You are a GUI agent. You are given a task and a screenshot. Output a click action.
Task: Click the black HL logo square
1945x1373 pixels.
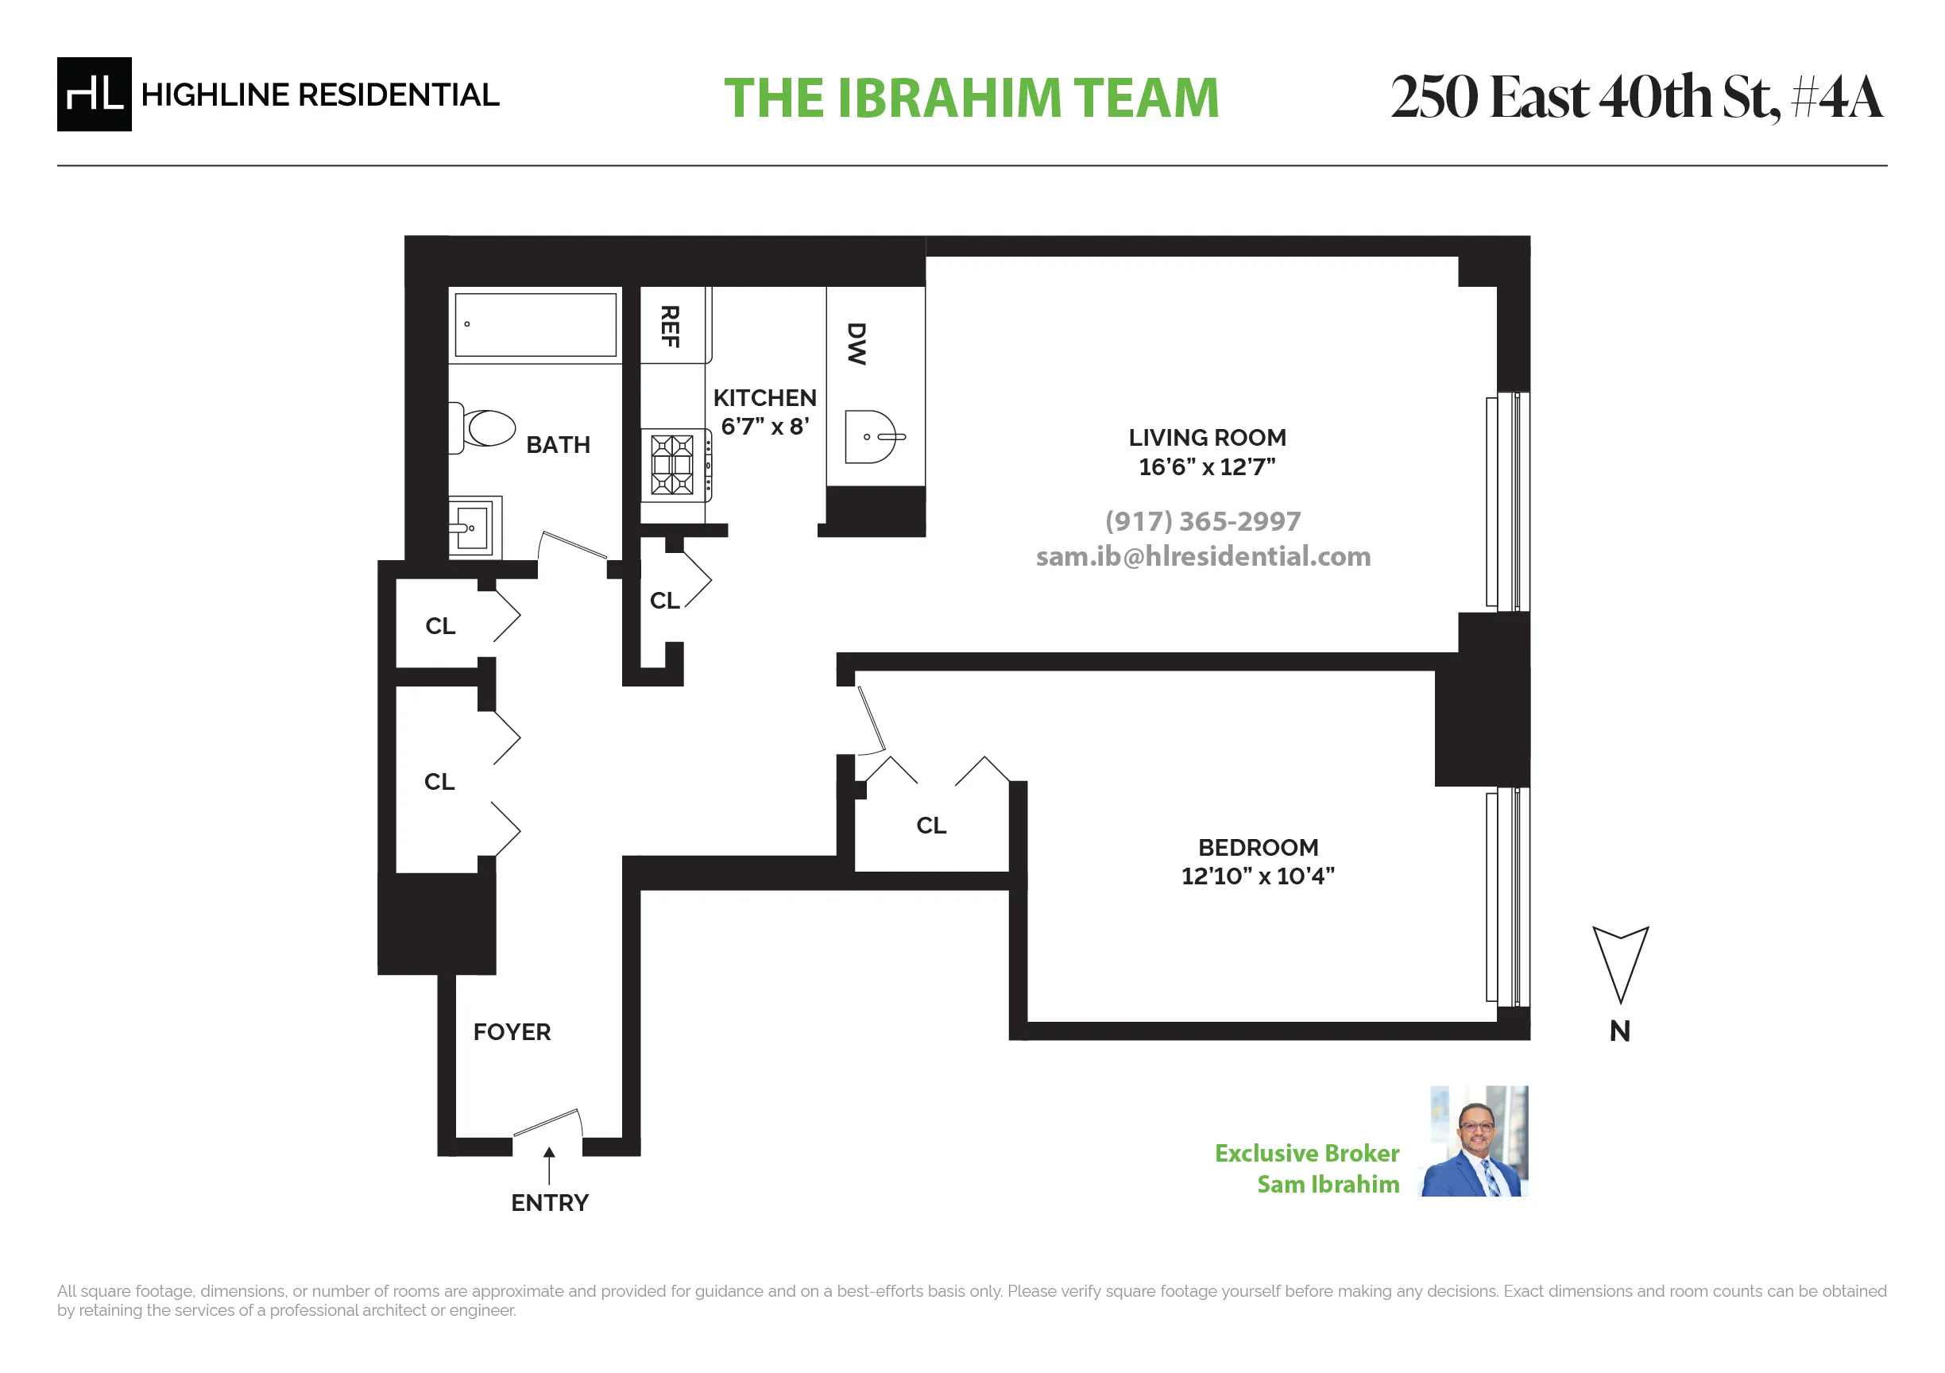[x=94, y=94]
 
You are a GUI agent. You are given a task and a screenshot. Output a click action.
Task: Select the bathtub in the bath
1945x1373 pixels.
[x=536, y=324]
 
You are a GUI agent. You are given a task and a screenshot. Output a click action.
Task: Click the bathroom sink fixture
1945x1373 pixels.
[x=474, y=527]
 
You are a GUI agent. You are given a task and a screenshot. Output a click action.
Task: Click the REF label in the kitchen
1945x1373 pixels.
[x=670, y=326]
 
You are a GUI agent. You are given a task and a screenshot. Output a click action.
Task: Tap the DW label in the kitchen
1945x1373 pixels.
[x=856, y=344]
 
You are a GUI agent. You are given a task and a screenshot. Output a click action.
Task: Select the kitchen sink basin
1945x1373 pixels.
[x=871, y=437]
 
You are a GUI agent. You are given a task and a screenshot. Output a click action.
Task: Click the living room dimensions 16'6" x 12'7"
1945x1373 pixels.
[x=1206, y=466]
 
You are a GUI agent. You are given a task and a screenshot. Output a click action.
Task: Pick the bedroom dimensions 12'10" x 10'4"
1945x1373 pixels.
[x=1257, y=876]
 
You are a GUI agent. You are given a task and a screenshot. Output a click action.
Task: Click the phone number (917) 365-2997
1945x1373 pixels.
[x=1202, y=521]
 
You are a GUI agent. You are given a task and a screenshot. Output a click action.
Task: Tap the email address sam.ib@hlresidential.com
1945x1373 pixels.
[x=1203, y=556]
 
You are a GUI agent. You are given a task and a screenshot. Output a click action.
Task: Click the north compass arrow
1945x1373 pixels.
[x=1620, y=961]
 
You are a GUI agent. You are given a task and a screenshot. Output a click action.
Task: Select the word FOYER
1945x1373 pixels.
[x=512, y=1031]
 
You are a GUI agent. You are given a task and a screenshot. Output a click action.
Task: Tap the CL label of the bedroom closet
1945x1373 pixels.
[x=931, y=825]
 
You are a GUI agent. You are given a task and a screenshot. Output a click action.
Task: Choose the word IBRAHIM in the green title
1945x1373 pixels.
[x=948, y=99]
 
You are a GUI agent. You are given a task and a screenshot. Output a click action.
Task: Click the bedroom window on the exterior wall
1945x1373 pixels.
[x=1507, y=896]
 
